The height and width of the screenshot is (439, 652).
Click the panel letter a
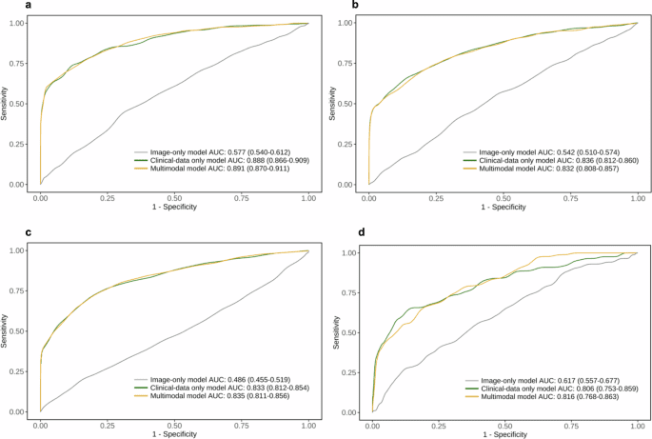pos(6,6)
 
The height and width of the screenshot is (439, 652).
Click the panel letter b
pos(328,6)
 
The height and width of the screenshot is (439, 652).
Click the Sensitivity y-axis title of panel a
pos(7,102)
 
